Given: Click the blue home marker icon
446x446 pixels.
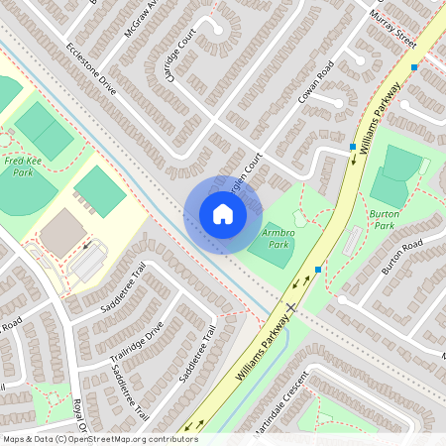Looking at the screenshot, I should click(222, 213).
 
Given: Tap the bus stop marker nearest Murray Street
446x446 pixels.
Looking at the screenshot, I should click(414, 67).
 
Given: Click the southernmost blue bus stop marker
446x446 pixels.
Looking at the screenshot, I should click(317, 270).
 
